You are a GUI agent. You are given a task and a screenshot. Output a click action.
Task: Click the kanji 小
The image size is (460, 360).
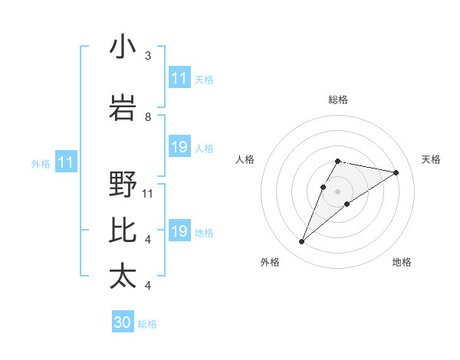point(123,47)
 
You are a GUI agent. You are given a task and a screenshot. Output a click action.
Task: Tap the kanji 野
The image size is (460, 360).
point(123,185)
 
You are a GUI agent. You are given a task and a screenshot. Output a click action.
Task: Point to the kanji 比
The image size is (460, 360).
point(123,230)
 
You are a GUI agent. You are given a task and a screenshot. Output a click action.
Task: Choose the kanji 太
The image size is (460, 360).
point(123,276)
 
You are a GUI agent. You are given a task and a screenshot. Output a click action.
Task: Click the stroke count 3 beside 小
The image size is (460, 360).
point(148,56)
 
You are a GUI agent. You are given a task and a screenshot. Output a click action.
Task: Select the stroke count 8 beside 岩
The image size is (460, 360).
point(148,117)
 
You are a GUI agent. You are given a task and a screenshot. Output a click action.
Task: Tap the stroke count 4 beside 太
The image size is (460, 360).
point(148,286)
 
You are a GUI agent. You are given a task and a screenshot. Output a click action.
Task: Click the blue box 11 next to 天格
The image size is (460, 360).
point(179,78)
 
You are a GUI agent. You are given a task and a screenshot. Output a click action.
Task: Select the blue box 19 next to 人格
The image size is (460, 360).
point(179,147)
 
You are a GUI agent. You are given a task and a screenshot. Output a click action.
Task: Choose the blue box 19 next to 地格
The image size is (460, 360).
point(179,231)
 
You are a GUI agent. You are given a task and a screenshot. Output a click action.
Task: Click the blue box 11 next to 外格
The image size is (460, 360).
point(65,162)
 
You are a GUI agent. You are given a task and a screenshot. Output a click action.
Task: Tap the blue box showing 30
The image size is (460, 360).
point(123,322)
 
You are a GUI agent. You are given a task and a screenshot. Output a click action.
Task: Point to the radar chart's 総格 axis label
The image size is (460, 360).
point(338,100)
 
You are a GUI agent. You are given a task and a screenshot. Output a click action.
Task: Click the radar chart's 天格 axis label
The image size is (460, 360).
point(431,159)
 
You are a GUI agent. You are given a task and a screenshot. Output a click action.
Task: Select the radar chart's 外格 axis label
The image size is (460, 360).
point(270,262)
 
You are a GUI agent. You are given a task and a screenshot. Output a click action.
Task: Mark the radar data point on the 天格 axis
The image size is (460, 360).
point(396,172)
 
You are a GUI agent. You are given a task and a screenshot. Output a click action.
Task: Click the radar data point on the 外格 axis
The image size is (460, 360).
point(301,242)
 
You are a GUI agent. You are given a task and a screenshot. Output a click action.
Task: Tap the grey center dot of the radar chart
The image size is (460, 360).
point(337,191)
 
